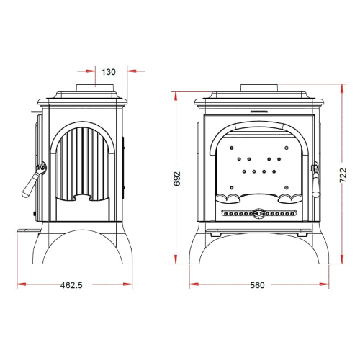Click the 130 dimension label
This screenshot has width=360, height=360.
[109, 72]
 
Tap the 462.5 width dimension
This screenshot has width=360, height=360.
[71, 285]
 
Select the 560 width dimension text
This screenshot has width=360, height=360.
[257, 285]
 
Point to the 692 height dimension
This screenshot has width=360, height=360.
[177, 179]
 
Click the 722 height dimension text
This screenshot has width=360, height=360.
[343, 175]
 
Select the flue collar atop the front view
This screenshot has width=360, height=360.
[259, 88]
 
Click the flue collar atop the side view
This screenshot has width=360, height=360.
[95, 88]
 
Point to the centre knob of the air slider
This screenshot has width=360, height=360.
[258, 213]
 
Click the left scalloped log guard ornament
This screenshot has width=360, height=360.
[228, 199]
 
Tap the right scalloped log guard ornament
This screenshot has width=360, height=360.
[290, 199]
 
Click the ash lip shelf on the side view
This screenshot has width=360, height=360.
[29, 231]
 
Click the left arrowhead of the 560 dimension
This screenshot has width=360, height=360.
[194, 284]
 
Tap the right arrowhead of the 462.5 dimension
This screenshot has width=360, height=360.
[127, 284]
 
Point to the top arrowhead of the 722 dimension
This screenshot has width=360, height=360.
[342, 89]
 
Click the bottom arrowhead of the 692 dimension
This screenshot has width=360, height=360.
[176, 259]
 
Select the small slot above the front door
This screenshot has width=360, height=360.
[259, 112]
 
